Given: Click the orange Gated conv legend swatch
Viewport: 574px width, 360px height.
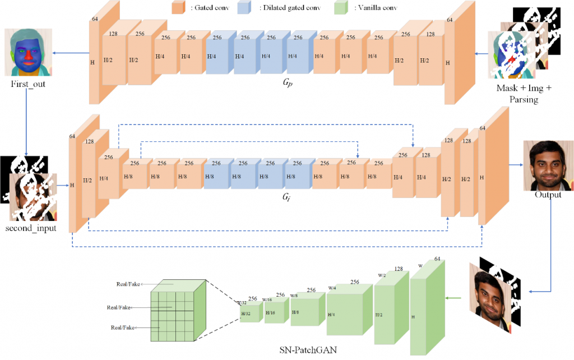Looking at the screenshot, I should pyautogui.click(x=178, y=8).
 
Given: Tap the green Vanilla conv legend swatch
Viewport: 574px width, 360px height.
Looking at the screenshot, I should pyautogui.click(x=340, y=8).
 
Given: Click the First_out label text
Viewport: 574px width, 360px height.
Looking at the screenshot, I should pyautogui.click(x=27, y=84).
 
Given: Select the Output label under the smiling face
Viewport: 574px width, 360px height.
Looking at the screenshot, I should pyautogui.click(x=548, y=195).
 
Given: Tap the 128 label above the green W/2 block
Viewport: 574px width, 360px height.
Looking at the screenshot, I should pyautogui.click(x=399, y=269).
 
